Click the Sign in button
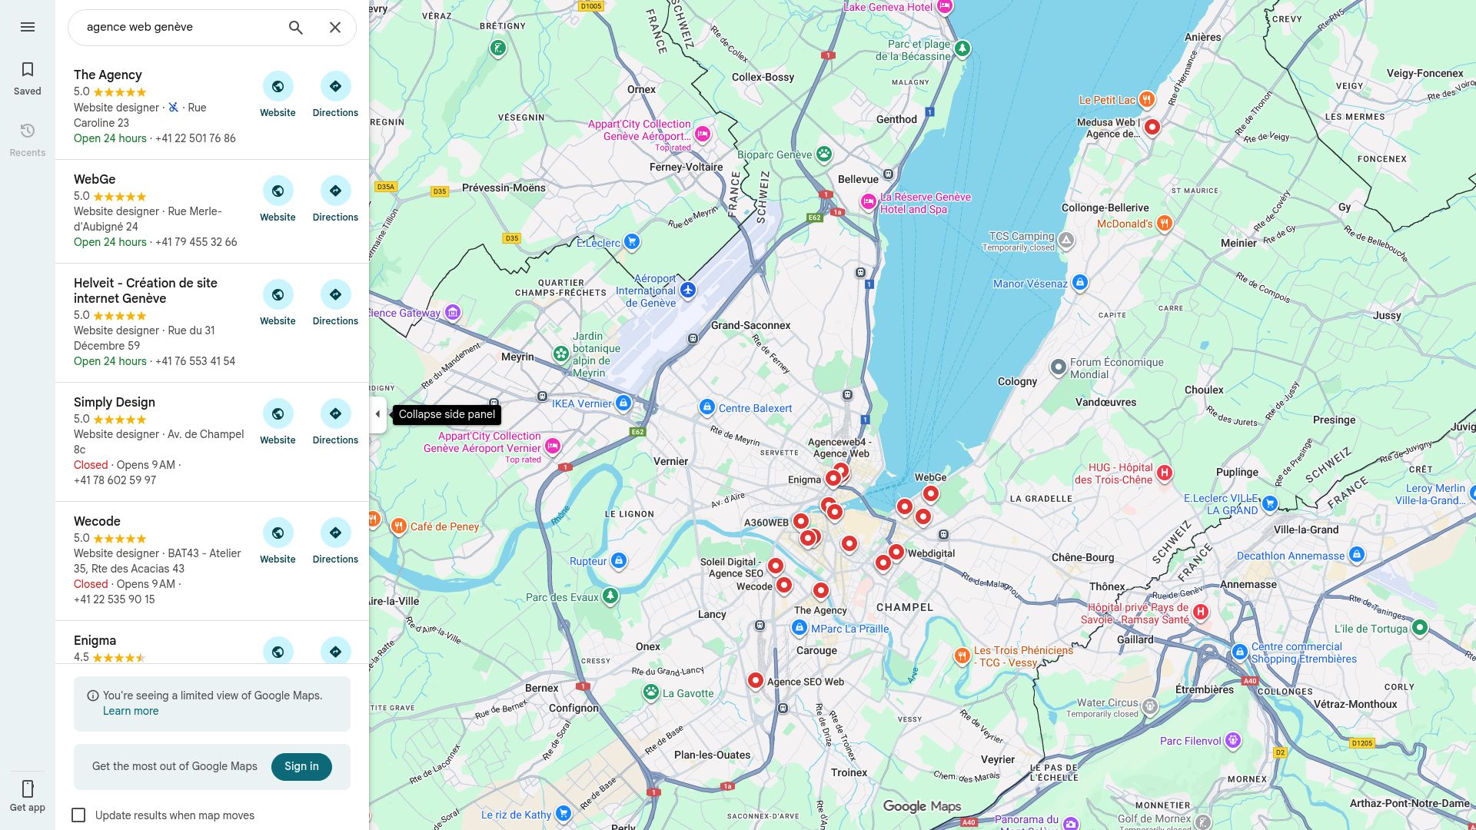point(301,766)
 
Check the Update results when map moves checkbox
point(78,815)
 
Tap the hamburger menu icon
point(28,27)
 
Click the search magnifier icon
point(296,28)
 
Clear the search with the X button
point(335,28)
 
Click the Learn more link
point(131,711)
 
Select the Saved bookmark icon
point(28,70)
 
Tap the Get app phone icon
point(28,789)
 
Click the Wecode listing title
point(97,521)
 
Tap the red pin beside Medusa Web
point(1152,127)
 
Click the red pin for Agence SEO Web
point(756,680)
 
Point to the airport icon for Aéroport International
point(688,290)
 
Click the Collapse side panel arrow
point(377,414)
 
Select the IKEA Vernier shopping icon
point(623,403)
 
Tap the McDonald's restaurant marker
point(1165,223)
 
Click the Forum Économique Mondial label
point(1116,368)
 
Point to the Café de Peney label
point(444,526)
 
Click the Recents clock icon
point(28,131)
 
